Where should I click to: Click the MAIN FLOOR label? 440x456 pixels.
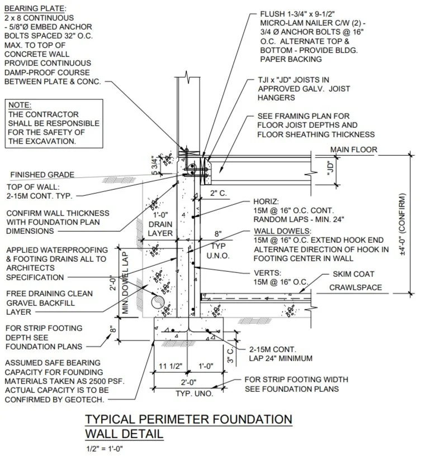coord(353,150)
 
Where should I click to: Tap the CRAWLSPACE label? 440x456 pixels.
coord(355,287)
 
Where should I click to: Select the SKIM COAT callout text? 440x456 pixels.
coord(353,274)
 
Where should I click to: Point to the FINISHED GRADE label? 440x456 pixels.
coord(42,175)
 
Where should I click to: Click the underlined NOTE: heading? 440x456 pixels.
coord(20,105)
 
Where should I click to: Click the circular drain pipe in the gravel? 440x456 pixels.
coord(157,303)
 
